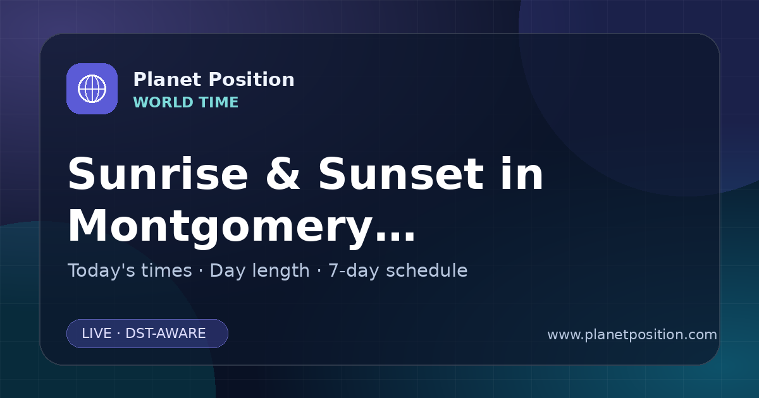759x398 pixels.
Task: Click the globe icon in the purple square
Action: tap(92, 88)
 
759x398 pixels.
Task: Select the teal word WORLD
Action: tap(163, 102)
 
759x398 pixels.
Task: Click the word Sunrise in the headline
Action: tap(158, 174)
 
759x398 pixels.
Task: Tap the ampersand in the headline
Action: tap(283, 174)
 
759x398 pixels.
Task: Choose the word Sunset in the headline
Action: tap(401, 174)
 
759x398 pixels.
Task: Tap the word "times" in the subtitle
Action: tap(166, 270)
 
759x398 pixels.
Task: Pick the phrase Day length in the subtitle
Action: tap(259, 271)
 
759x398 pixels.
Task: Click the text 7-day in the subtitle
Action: tap(354, 271)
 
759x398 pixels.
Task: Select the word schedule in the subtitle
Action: tap(426, 270)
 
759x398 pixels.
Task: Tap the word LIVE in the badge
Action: tap(97, 334)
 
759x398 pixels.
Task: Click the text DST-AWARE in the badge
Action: tap(165, 334)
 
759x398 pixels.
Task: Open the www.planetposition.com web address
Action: tap(632, 335)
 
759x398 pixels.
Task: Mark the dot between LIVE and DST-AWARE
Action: tap(119, 334)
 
